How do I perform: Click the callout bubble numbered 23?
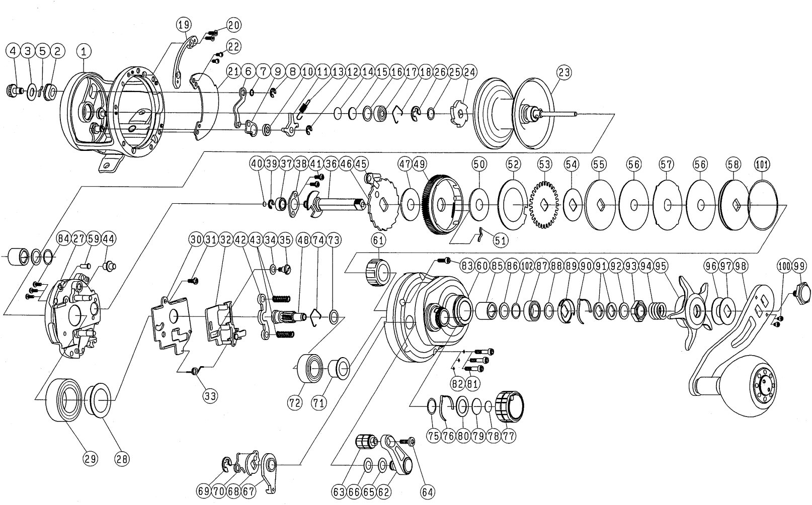point(565,72)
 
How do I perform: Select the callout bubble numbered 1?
point(85,50)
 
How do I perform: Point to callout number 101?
point(762,164)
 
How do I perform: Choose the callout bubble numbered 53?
point(544,164)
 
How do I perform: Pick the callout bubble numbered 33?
point(210,396)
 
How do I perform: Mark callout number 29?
point(91,458)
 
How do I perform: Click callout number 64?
point(429,491)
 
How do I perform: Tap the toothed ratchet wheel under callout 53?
point(543,205)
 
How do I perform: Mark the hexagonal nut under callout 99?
point(800,291)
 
